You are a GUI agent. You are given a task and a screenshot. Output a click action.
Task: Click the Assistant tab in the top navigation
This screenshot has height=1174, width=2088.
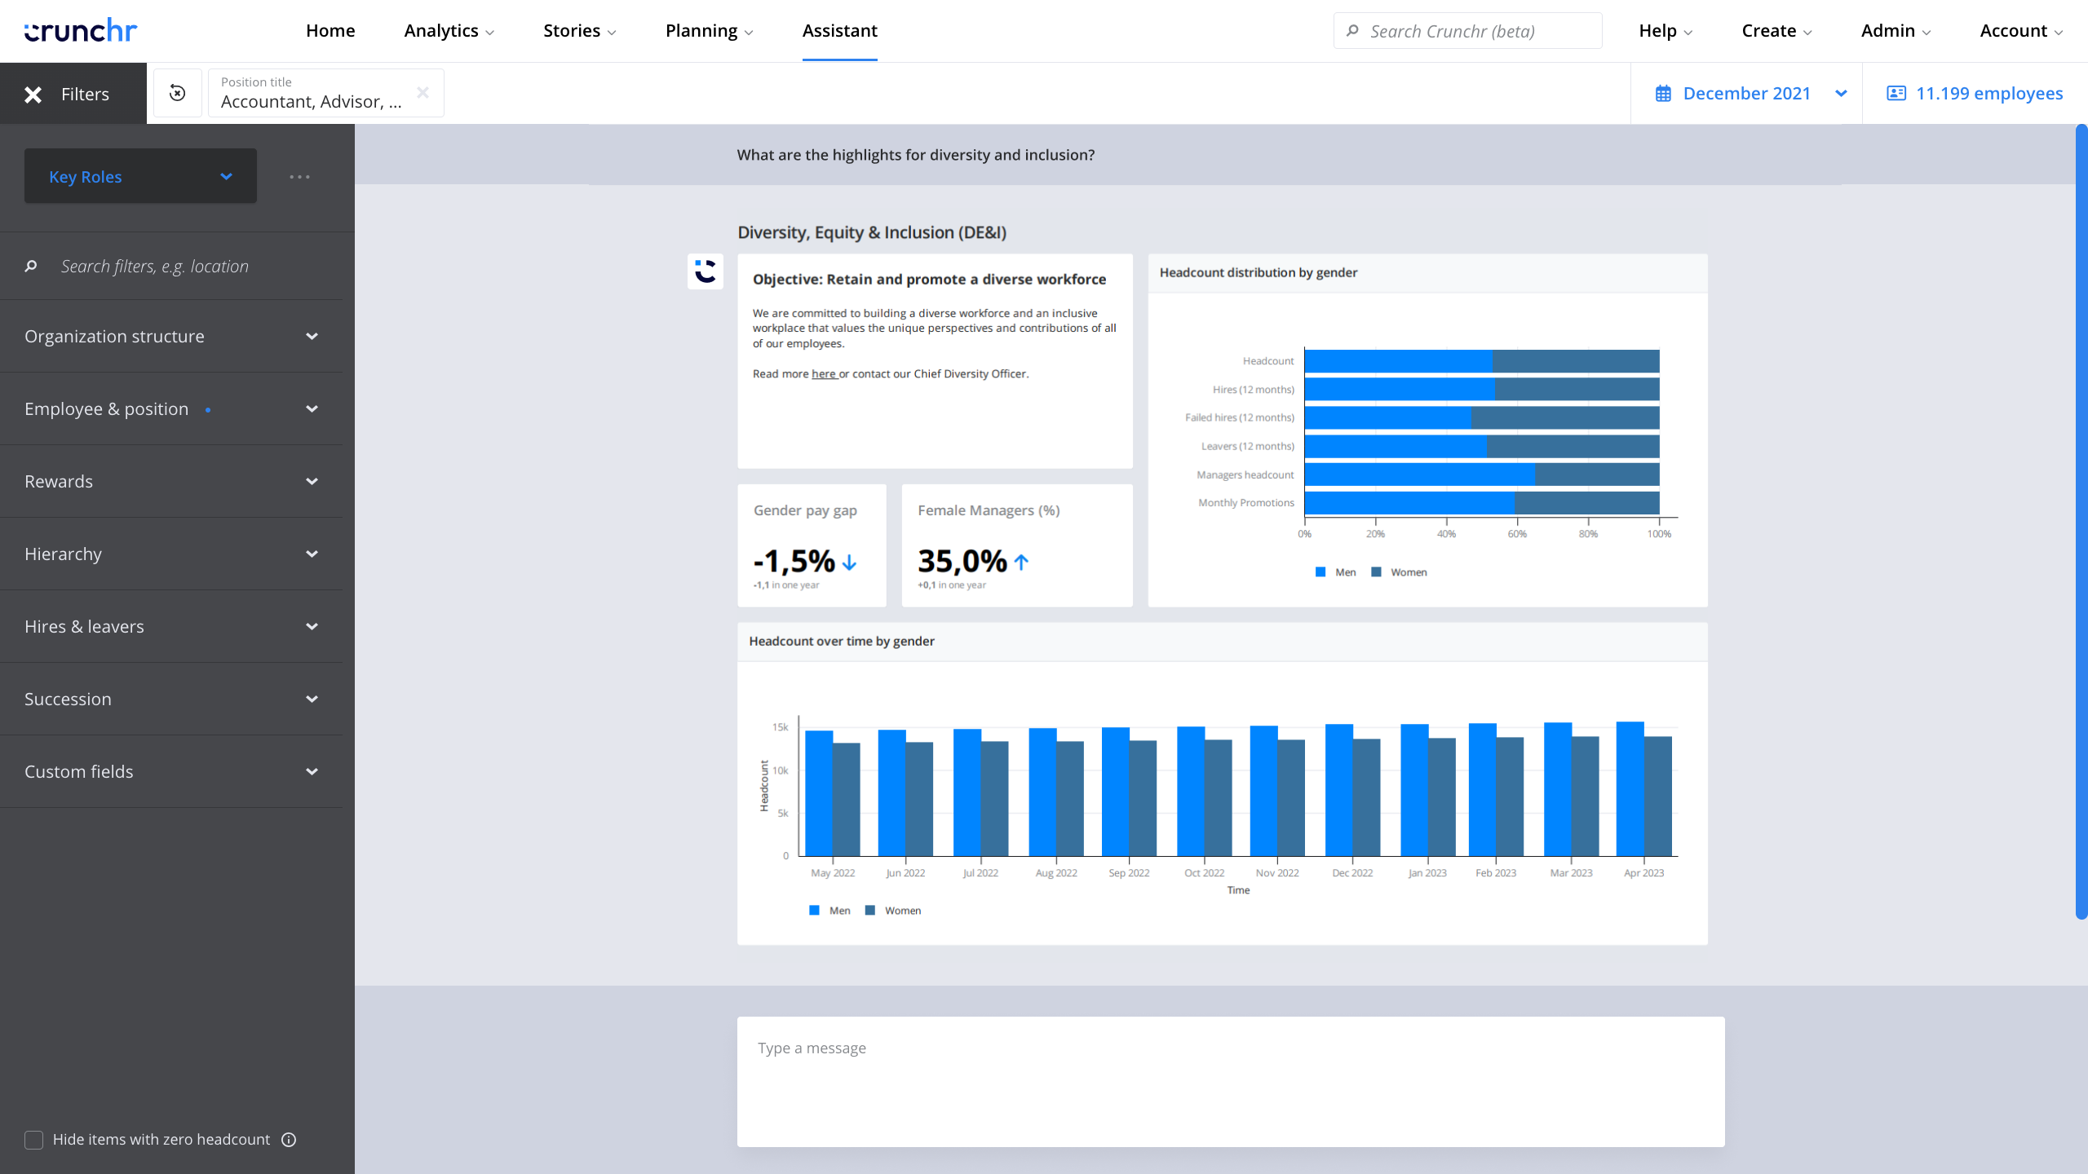coord(839,31)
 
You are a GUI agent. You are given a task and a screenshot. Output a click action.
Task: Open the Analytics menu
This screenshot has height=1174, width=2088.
coord(449,31)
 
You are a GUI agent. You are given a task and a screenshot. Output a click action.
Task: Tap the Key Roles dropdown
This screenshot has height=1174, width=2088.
coord(140,176)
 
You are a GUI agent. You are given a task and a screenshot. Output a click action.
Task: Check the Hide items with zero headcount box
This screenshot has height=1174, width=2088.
coord(33,1140)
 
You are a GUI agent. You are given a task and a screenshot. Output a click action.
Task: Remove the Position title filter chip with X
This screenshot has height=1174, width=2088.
coord(422,93)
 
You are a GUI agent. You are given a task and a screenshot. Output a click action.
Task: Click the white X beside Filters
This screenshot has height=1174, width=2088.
coord(33,95)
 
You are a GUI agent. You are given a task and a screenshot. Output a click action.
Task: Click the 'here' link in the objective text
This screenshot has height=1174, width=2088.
coord(824,374)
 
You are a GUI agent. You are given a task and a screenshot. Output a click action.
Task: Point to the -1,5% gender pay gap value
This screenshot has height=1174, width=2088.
coord(794,561)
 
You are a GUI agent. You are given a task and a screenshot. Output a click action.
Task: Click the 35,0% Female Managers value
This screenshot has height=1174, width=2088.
coord(962,561)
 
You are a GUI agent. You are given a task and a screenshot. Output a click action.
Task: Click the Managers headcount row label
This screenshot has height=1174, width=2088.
coord(1245,474)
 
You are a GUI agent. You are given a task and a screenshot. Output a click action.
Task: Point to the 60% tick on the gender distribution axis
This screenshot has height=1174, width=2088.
coord(1517,534)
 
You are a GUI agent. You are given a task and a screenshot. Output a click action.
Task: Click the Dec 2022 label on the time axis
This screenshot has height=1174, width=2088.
coord(1352,873)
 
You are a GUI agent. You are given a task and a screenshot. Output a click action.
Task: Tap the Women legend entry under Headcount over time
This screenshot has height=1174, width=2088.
coord(894,911)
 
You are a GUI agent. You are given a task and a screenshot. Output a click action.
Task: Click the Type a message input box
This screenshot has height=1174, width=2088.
coord(1230,1081)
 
